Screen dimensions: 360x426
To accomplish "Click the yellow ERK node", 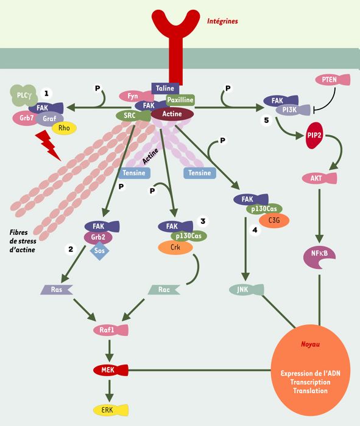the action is click(x=111, y=410).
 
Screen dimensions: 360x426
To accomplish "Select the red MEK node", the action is click(x=111, y=370).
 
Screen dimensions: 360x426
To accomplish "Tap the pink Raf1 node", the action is click(x=111, y=330).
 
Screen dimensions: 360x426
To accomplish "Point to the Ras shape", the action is click(x=57, y=290).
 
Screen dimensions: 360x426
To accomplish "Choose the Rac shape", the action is click(x=164, y=290).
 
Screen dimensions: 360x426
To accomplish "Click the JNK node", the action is click(x=247, y=290).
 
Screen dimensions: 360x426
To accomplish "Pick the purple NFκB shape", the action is click(x=319, y=256).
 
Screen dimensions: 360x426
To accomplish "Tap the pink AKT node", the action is click(x=320, y=178).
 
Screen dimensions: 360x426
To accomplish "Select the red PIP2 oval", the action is click(x=314, y=135).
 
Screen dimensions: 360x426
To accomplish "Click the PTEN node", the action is click(x=333, y=80).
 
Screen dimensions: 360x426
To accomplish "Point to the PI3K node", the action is click(x=293, y=110).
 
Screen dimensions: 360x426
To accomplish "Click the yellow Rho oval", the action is click(x=64, y=128).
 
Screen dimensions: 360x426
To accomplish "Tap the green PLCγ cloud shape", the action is click(x=24, y=95).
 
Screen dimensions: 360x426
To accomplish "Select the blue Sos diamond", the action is click(x=99, y=250).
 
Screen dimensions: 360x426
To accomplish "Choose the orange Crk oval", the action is click(x=175, y=248).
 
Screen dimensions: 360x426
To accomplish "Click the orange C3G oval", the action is click(x=274, y=220).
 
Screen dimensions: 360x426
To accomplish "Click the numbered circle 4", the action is click(x=255, y=231).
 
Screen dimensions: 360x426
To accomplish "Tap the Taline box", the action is click(x=165, y=88).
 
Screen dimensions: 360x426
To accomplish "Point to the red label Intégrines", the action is click(x=222, y=21).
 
